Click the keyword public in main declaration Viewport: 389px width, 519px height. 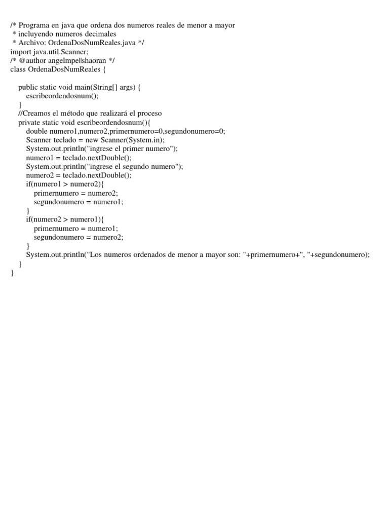[28, 87]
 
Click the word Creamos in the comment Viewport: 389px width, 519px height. [40, 113]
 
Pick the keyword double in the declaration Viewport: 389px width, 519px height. [37, 131]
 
